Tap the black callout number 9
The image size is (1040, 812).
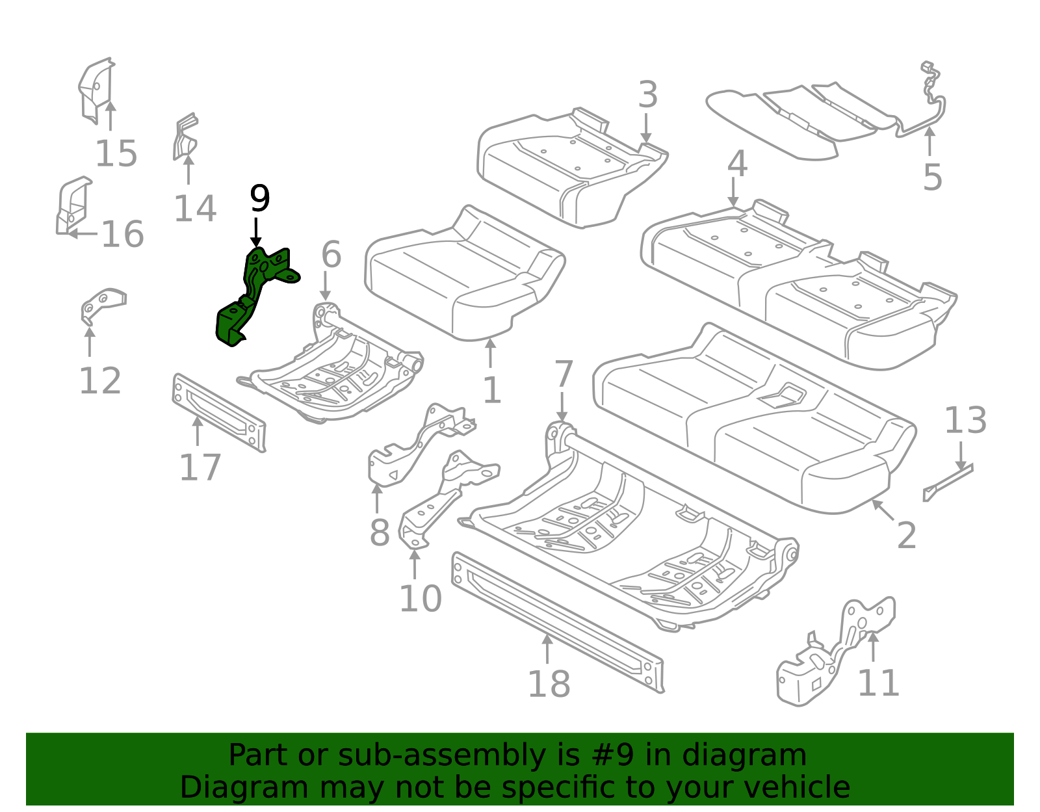coord(259,199)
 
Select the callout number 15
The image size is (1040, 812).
coord(116,155)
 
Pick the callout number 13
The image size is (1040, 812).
coord(965,421)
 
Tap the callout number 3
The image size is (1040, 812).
coord(647,96)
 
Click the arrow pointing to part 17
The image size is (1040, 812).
coord(197,430)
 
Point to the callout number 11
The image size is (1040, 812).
coord(878,683)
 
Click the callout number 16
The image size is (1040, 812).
coord(122,235)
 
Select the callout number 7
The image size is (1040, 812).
coord(563,375)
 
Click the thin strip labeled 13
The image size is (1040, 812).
coord(947,482)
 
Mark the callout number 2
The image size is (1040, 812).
coord(906,536)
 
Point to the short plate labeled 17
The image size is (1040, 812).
coord(218,412)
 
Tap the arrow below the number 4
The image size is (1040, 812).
coord(734,193)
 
